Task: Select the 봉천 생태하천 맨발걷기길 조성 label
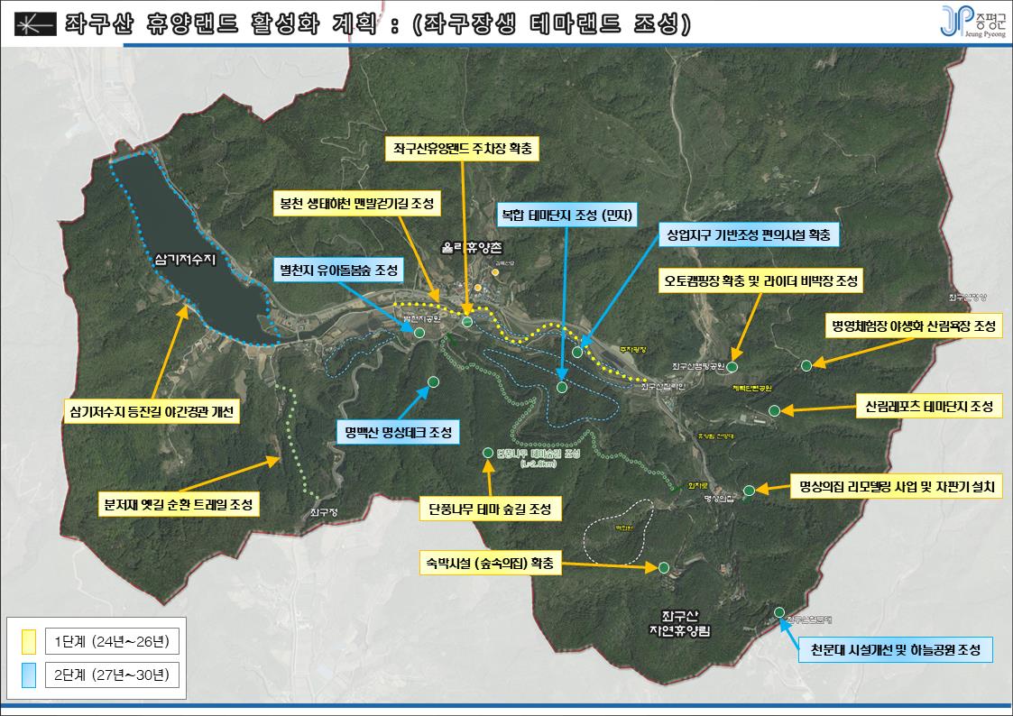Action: pos(355,203)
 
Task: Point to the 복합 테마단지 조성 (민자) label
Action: pos(568,215)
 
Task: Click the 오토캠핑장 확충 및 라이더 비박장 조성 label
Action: pos(760,281)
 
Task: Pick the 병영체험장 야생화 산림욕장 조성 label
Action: pos(912,326)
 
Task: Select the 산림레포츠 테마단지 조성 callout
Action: pos(927,407)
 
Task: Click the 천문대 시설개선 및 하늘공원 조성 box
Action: pos(897,649)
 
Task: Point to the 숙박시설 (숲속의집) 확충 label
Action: pos(491,564)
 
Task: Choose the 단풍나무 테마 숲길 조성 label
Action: pos(490,509)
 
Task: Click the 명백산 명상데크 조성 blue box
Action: pos(397,431)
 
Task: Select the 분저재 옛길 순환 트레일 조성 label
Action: pos(179,503)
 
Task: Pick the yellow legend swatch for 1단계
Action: pos(29,641)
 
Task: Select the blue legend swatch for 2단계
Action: pos(29,674)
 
